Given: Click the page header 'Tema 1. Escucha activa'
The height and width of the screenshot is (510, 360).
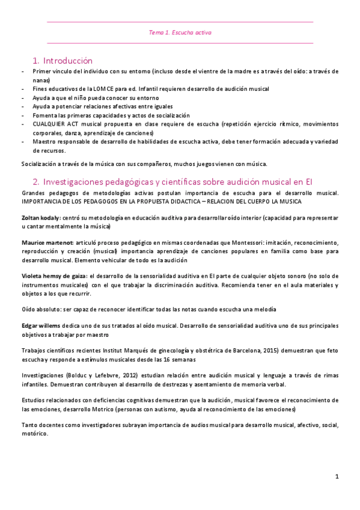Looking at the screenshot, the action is [180, 33].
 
